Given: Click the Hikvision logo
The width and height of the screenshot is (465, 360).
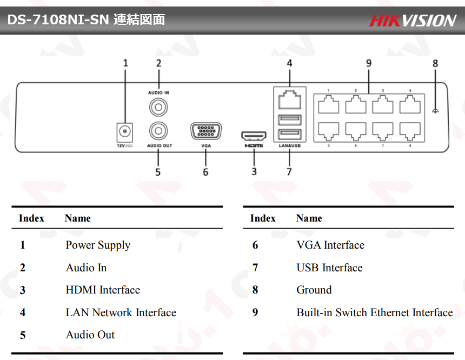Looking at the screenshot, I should pyautogui.click(x=413, y=21).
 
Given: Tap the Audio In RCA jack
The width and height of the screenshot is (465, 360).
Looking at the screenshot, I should pyautogui.click(x=158, y=107).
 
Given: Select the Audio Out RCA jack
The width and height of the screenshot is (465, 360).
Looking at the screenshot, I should pyautogui.click(x=158, y=130).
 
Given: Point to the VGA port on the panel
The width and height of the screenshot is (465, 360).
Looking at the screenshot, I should pyautogui.click(x=206, y=132).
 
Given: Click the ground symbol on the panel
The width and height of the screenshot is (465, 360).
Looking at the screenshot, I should pyautogui.click(x=435, y=111).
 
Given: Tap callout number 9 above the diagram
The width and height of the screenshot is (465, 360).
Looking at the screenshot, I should pyautogui.click(x=369, y=63).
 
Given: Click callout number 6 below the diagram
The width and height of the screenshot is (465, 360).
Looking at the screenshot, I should pyautogui.click(x=205, y=172).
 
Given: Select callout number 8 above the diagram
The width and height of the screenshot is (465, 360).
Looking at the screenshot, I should pyautogui.click(x=435, y=63).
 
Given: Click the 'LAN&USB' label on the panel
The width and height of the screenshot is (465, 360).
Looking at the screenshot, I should pyautogui.click(x=289, y=146).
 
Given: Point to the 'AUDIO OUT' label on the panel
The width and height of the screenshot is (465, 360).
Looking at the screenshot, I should pyautogui.click(x=160, y=146).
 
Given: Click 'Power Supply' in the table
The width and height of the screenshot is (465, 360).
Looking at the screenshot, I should pyautogui.click(x=98, y=245).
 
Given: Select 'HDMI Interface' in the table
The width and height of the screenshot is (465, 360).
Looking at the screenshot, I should pyautogui.click(x=103, y=290).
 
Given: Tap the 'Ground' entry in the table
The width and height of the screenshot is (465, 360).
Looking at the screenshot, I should pyautogui.click(x=314, y=290).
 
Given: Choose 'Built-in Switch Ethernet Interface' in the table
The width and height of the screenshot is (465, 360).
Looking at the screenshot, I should pyautogui.click(x=374, y=313).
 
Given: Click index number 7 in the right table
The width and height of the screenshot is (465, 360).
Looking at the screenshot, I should pyautogui.click(x=255, y=268).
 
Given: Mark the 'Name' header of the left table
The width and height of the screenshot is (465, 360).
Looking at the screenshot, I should pyautogui.click(x=77, y=218).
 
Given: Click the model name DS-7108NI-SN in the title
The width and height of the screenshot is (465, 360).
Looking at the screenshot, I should pyautogui.click(x=58, y=20).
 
